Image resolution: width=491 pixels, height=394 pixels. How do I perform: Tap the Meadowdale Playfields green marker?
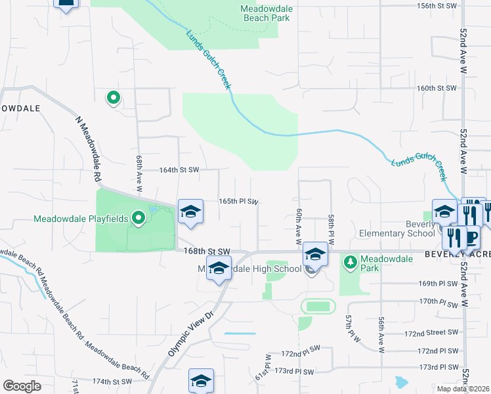click(x=138, y=217)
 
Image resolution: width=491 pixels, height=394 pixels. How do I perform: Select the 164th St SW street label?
click(x=179, y=169)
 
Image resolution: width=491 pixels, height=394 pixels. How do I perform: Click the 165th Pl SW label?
click(x=238, y=202)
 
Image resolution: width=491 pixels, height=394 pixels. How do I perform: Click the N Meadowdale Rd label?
click(x=89, y=149)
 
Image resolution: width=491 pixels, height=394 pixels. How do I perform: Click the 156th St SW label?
click(x=437, y=5)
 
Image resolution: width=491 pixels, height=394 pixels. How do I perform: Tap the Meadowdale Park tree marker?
click(x=351, y=263)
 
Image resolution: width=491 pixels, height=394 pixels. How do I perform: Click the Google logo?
click(x=22, y=386)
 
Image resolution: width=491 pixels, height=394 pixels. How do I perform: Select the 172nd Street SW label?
click(x=430, y=334)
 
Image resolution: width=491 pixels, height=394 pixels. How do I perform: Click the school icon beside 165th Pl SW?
click(x=190, y=211)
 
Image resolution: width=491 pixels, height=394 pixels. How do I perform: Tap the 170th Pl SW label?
click(x=438, y=303)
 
